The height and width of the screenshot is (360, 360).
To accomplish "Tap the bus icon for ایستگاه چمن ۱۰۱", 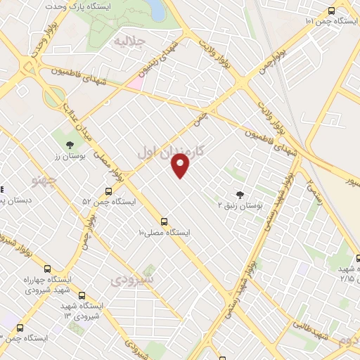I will [332, 10].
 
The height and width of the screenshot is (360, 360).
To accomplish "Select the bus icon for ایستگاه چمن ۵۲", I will [108, 191].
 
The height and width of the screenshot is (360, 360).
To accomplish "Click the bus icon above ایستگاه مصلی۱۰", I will [164, 221].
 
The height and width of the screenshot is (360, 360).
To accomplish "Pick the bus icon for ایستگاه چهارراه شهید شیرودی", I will [47, 268].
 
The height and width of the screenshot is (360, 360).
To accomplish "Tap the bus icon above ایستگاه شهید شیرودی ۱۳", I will [82, 296].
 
